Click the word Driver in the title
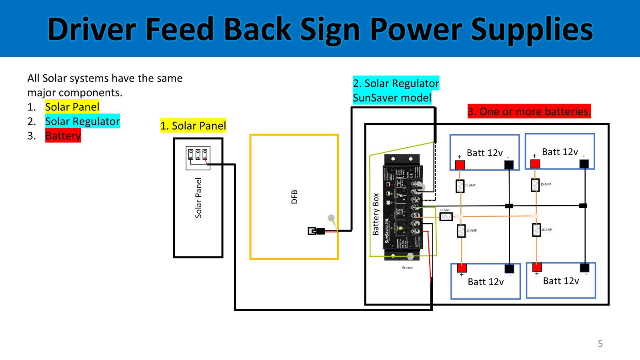92,30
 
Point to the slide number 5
600,344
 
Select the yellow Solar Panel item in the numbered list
72,107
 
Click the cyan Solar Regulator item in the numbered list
82,121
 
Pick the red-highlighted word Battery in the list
63,136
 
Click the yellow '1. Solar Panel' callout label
193,126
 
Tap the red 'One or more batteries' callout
529,111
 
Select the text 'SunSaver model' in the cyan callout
392,98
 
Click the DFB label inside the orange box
294,197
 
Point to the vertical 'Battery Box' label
376,214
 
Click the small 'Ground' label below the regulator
407,268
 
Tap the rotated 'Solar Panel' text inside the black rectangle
198,198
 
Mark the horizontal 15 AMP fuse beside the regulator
446,217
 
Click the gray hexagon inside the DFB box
331,218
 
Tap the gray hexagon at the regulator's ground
410,256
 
